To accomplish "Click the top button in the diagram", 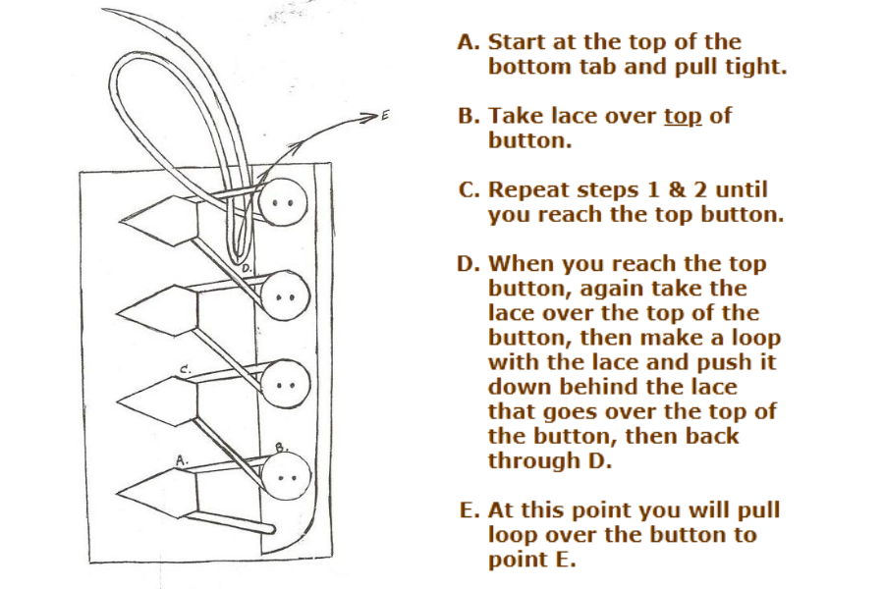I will [x=285, y=202].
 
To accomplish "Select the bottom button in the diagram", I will [x=286, y=476].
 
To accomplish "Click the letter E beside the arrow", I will [x=385, y=116].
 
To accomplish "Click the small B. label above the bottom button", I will [x=280, y=448].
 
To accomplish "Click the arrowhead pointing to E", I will [x=371, y=117].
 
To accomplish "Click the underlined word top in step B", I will [x=683, y=116].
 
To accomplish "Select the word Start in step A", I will [x=517, y=43].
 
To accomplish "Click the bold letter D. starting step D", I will [x=470, y=264].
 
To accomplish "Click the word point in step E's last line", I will [x=517, y=560].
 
